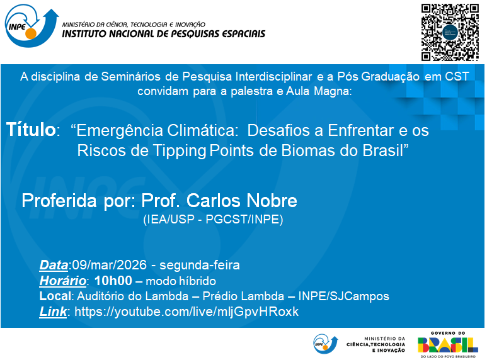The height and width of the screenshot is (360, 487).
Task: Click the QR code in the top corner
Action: click(450, 32)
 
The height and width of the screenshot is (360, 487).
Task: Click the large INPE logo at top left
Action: click(32, 26)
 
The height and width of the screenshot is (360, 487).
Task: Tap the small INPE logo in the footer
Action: click(325, 344)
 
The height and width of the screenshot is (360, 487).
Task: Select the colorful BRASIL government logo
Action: click(447, 345)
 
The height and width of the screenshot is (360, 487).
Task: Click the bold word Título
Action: click(31, 130)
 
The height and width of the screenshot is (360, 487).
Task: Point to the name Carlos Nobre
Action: click(242, 201)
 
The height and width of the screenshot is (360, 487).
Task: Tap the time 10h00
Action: click(113, 281)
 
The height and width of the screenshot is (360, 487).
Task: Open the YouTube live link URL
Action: click(186, 312)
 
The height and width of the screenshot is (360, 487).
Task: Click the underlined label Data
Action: click(54, 266)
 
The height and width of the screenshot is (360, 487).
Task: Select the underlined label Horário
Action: click(63, 281)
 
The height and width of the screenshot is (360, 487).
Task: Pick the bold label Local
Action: click(55, 296)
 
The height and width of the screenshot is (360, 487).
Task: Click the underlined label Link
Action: click(53, 312)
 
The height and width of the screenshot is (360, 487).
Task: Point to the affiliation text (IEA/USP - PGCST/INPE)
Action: click(213, 220)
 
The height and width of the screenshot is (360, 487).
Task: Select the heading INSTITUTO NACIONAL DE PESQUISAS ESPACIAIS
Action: click(164, 34)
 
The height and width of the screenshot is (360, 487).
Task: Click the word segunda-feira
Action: click(200, 266)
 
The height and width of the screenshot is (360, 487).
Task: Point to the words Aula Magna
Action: click(319, 91)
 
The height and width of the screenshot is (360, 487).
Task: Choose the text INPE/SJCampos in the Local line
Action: click(343, 296)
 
